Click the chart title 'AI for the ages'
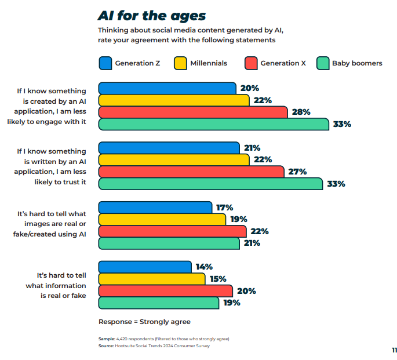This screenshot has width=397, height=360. click(x=151, y=15)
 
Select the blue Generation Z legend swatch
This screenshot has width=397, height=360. click(x=105, y=63)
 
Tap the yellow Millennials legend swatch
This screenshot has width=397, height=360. click(x=181, y=63)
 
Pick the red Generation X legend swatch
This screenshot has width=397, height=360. click(x=250, y=63)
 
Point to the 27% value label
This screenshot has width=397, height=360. click(x=297, y=172)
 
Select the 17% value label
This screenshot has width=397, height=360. click(x=224, y=208)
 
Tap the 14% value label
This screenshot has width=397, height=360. click(x=204, y=267)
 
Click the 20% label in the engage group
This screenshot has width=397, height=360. click(x=249, y=88)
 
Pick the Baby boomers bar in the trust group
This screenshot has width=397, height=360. click(x=210, y=184)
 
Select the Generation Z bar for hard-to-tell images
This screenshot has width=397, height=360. click(x=155, y=208)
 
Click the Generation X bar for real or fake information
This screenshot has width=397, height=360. click(x=165, y=291)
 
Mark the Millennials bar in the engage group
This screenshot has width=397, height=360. click(x=174, y=100)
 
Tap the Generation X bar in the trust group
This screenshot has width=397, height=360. click(x=191, y=172)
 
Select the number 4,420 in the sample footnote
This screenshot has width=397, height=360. click(x=123, y=339)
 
